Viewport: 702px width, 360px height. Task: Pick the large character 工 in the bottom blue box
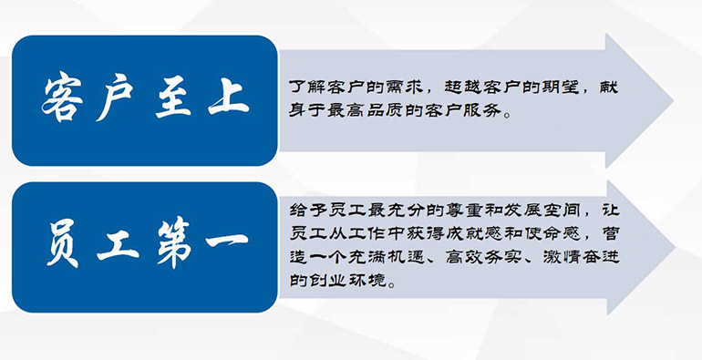(x=119, y=245)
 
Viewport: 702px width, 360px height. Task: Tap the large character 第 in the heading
(x=175, y=242)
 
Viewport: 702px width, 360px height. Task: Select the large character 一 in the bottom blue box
(x=227, y=241)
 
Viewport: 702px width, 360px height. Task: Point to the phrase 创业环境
(x=337, y=281)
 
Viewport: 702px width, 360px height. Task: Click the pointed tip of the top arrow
(x=673, y=100)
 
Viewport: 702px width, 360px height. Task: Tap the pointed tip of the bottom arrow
(x=674, y=247)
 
